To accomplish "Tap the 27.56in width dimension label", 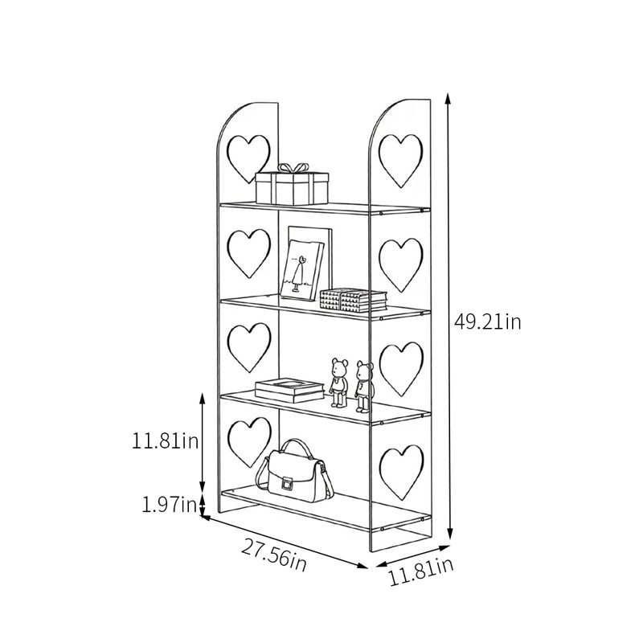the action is point(273,555).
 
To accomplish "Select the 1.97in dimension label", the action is point(170,505).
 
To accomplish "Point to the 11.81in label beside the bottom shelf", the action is point(166,441).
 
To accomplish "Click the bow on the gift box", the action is point(293,168).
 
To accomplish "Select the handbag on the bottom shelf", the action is point(295,471).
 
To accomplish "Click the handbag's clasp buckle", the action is point(288,483).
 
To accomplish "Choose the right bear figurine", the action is point(364,387).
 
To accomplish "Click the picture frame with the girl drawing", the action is point(302,269).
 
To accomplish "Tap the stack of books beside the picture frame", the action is point(353,299).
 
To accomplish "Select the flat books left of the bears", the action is point(289,390).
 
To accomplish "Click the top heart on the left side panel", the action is point(248,158).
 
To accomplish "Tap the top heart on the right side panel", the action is point(400,160).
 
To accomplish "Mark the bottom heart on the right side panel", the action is point(401,472).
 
